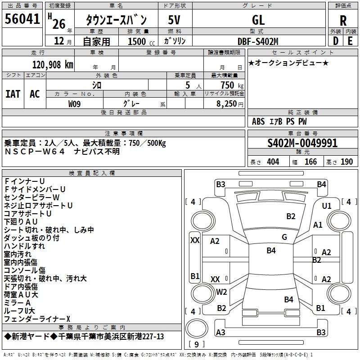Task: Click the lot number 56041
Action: (22, 19)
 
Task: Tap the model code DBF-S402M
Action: (258, 41)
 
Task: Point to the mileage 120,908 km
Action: (52, 64)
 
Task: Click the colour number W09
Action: (75, 103)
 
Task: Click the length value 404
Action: (273, 162)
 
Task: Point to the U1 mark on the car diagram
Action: (327, 206)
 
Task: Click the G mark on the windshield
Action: (284, 237)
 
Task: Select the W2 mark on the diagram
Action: (221, 292)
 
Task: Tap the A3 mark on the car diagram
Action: (220, 332)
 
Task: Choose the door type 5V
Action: (174, 20)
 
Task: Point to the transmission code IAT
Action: (13, 94)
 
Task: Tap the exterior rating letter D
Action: (335, 40)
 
